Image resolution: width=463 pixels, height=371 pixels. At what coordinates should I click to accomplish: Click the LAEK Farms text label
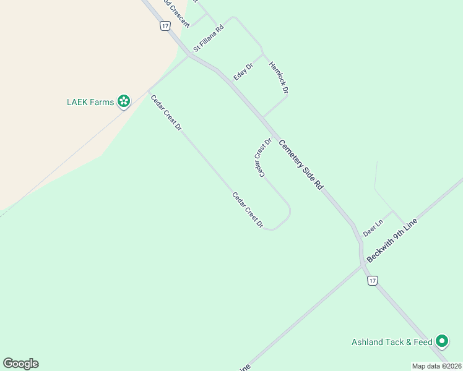pos(90,102)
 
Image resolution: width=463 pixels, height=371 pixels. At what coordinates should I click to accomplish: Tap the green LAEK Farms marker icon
pos(124,101)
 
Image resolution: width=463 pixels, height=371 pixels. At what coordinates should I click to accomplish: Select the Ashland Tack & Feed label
pos(391,342)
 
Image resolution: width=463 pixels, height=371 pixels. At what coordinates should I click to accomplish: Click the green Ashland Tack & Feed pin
pos(441,341)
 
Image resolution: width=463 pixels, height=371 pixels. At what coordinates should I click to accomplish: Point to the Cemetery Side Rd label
pos(301,164)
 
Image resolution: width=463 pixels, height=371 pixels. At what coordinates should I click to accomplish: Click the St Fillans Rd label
pos(208,38)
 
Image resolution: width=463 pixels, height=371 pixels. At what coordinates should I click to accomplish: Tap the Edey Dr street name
pos(243,71)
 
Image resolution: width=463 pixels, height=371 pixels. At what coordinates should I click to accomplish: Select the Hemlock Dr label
pos(279,77)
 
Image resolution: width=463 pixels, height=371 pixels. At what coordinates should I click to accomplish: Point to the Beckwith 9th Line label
pos(392,240)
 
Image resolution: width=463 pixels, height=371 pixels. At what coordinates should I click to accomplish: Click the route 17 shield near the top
pos(164,25)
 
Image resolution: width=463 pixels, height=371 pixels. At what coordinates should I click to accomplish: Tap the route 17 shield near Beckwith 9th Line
pos(371,281)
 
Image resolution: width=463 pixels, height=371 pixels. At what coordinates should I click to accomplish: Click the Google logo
pos(20,364)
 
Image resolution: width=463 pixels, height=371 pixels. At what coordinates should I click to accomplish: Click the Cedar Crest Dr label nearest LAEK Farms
pos(167,112)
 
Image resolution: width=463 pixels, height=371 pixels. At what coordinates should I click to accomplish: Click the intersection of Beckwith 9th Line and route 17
pos(362,267)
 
